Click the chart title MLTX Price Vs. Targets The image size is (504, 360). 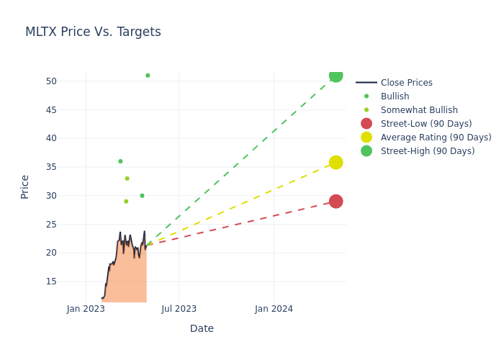pos(93,32)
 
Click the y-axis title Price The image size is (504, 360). pos(25,186)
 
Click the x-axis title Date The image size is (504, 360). pos(202,328)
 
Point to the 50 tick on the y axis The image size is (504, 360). pos(51,81)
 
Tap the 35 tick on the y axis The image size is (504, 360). pos(51,167)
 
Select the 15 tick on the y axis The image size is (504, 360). pos(51,282)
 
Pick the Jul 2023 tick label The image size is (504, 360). pos(179,309)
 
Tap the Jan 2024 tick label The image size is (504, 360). pos(274,309)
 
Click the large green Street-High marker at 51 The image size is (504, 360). pos(336,75)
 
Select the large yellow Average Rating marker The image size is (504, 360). pos(336,163)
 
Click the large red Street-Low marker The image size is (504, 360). pos(336,201)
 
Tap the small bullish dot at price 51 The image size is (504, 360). pos(148,76)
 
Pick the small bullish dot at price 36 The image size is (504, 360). pos(120,161)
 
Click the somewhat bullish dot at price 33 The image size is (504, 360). pos(127,179)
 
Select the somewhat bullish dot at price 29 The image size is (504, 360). pos(126,202)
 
